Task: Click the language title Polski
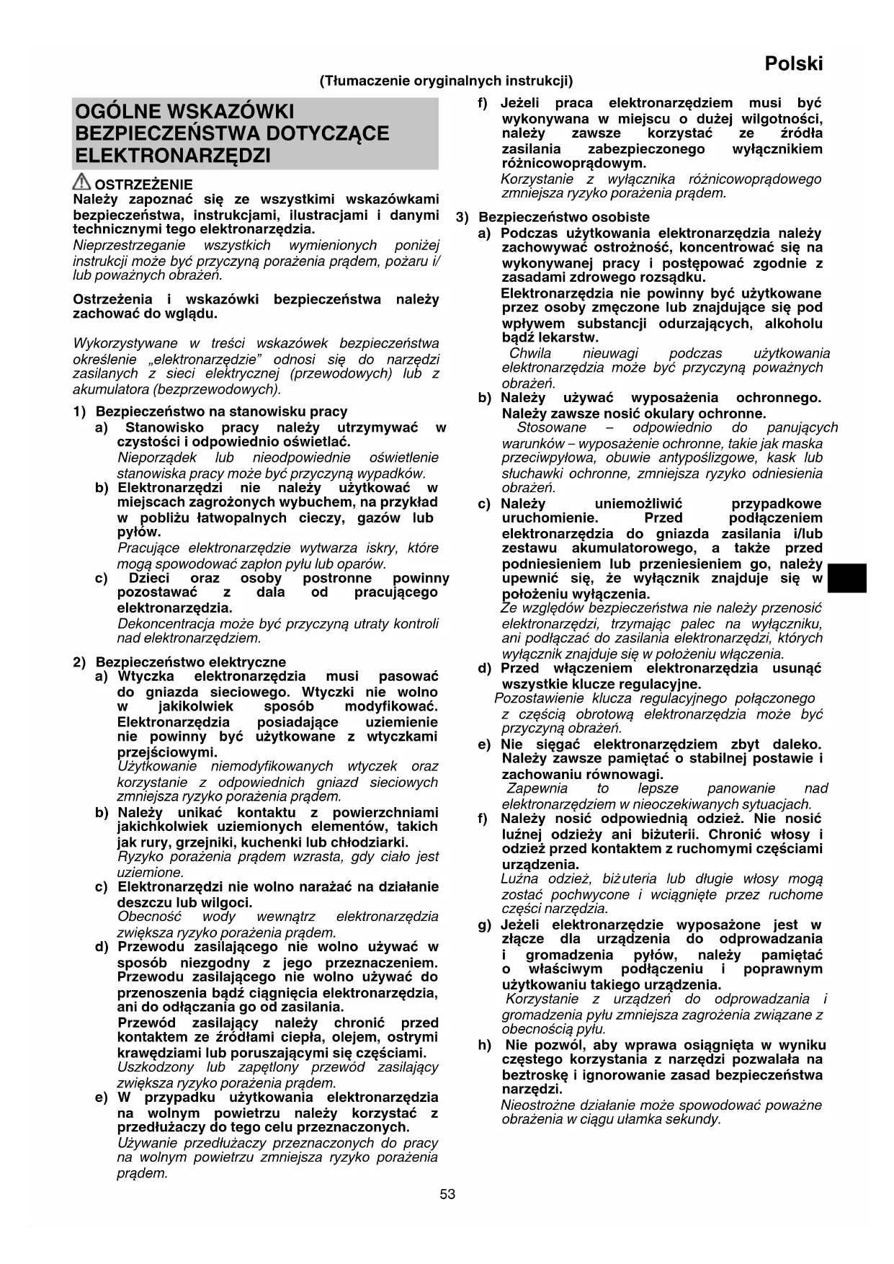793,64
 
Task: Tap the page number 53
447,1194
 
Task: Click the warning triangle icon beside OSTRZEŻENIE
82,182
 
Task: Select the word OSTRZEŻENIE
143,184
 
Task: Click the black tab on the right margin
846,579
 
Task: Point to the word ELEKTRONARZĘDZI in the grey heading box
173,156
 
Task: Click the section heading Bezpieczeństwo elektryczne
190,662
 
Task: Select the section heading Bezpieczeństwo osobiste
564,217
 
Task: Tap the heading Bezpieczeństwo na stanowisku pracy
221,411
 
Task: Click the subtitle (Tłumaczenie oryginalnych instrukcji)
447,81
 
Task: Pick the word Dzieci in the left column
149,578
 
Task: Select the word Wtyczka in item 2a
146,676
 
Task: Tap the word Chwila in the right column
529,353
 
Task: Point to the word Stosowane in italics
551,427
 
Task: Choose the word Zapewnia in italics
533,788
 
